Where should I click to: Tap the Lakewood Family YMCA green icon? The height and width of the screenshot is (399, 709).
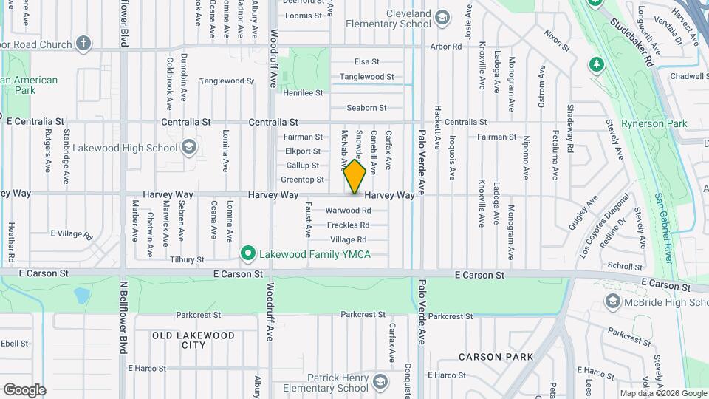[x=249, y=254]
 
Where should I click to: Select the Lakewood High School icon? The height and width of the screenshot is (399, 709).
[x=188, y=147]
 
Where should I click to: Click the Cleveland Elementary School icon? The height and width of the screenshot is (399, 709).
[x=442, y=17]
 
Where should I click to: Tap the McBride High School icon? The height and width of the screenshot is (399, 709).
[x=612, y=301]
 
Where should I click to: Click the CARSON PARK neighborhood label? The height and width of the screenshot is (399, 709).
[x=496, y=357]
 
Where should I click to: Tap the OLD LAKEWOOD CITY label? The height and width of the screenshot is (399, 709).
[x=193, y=340]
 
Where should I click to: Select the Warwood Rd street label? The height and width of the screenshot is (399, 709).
[x=348, y=211]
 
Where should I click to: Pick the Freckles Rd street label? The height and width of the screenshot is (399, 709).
[x=348, y=225]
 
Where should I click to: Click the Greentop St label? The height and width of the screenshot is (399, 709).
[x=303, y=180]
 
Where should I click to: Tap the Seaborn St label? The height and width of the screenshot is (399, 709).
[x=362, y=108]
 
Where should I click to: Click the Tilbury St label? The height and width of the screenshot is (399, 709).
[x=186, y=260]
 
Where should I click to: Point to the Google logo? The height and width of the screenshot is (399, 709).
[x=24, y=389]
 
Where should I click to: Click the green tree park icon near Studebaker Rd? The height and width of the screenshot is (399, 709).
[x=596, y=64]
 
